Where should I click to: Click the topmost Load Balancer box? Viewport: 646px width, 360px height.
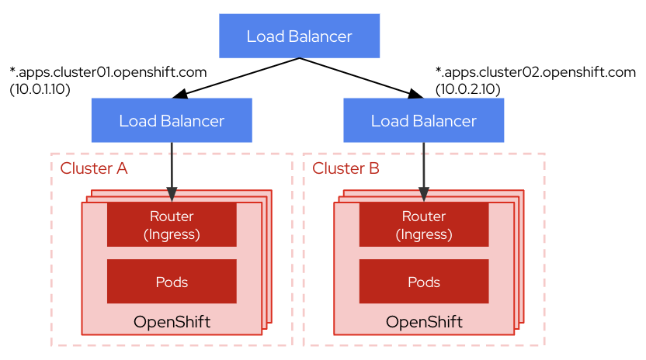tap(299, 36)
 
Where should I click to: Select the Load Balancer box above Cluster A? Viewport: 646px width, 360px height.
tap(172, 120)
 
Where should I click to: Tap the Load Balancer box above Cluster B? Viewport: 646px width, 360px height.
tap(423, 120)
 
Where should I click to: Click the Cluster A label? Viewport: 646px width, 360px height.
tap(94, 168)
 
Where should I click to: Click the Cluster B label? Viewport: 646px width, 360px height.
tap(346, 168)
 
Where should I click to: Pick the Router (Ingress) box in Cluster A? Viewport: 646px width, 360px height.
tap(172, 224)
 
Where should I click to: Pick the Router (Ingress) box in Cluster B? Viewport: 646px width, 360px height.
tap(423, 224)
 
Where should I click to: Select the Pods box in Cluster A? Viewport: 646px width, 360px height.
tap(172, 282)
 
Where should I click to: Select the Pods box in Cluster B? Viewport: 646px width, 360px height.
tap(423, 282)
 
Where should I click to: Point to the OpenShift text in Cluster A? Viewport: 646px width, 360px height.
tap(172, 321)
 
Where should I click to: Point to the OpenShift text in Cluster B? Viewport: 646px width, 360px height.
tap(423, 321)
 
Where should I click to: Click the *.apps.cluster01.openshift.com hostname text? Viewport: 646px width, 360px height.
tap(108, 73)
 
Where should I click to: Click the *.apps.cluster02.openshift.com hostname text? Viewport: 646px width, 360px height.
tap(536, 73)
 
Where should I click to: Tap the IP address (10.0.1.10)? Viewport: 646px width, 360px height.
tap(40, 89)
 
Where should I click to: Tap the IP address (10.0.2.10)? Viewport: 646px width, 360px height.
tap(467, 89)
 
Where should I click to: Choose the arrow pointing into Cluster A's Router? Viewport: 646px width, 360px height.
tap(172, 171)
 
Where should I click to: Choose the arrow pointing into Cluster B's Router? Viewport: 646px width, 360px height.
tap(423, 171)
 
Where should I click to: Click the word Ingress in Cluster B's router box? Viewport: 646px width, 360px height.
tap(424, 233)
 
